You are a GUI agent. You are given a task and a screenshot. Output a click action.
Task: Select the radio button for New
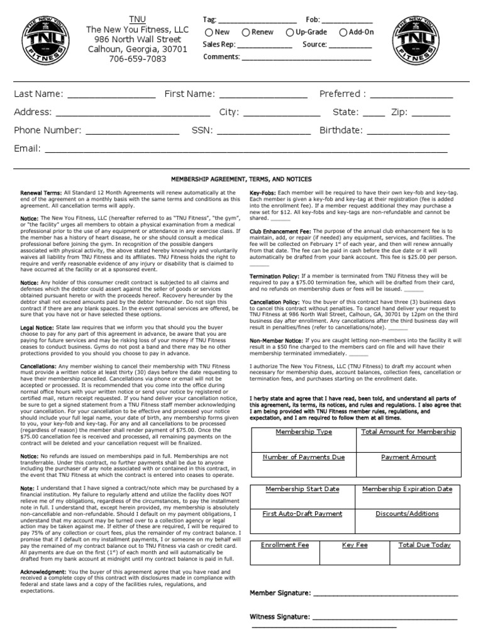click(208, 33)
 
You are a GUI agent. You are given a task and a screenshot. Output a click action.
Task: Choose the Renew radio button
click(247, 33)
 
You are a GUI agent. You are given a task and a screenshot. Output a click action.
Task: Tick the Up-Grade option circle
click(290, 33)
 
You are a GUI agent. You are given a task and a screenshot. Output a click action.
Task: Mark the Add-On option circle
click(343, 33)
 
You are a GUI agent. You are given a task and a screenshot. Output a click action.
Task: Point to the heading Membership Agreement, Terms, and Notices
click(241, 179)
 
